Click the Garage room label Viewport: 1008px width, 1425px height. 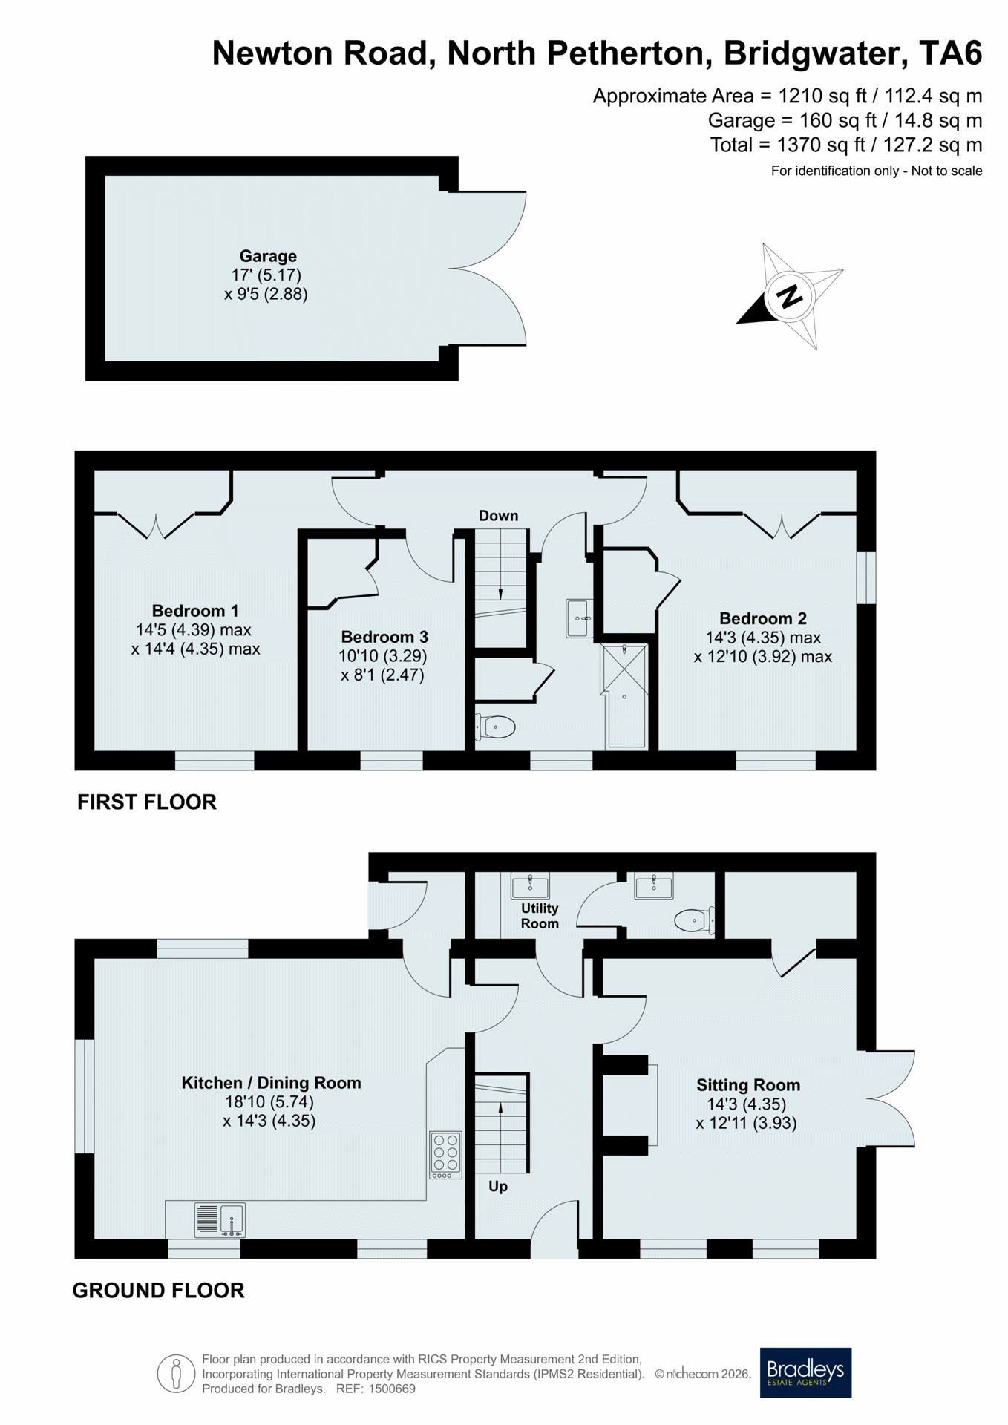click(268, 256)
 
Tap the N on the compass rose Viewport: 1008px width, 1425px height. click(789, 296)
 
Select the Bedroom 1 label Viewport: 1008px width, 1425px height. click(195, 611)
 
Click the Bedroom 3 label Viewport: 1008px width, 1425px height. click(384, 637)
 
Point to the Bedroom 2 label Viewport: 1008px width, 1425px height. click(763, 618)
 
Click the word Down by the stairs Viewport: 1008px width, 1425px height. click(498, 515)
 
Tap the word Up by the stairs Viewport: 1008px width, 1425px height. click(498, 1186)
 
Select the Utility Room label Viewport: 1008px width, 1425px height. click(540, 916)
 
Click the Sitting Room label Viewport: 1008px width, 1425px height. click(748, 1085)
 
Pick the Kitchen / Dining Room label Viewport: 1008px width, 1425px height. click(271, 1083)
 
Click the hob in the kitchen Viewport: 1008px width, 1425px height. click(445, 1155)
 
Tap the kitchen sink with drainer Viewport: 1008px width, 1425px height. click(220, 1220)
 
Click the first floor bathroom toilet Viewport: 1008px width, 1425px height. click(495, 727)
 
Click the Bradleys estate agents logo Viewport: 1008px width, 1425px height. click(805, 1372)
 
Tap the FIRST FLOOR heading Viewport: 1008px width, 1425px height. click(147, 802)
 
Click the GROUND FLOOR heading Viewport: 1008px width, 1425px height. click(158, 1290)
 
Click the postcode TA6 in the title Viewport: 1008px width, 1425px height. click(950, 53)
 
